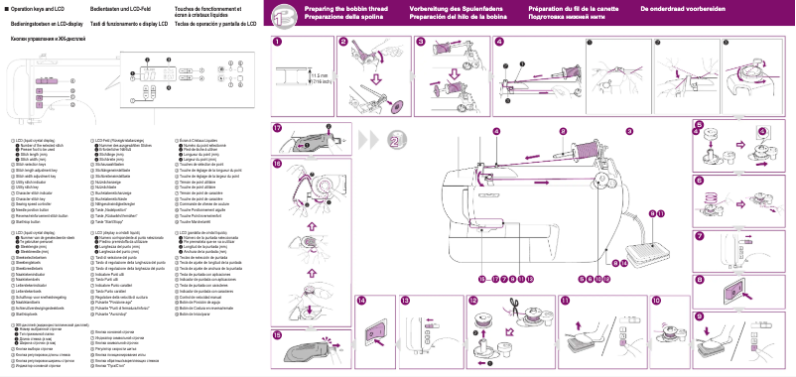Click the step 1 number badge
tap(278, 42)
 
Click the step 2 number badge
tap(343, 42)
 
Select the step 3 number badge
tap(421, 42)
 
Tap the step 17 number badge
tap(278, 129)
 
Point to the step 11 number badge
tap(565, 300)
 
